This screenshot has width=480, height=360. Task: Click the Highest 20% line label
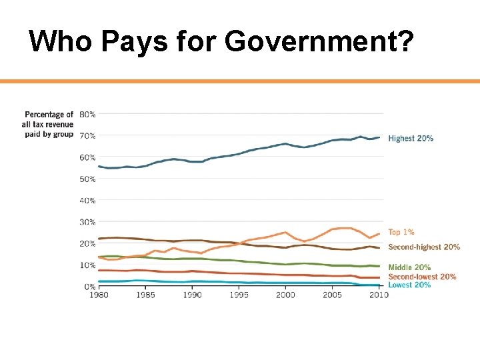[x=411, y=139]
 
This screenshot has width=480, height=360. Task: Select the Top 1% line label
[x=401, y=232]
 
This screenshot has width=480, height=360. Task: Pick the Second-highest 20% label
[x=424, y=247]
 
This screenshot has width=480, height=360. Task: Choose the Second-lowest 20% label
[x=422, y=276]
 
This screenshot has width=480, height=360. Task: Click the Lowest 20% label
[x=409, y=285]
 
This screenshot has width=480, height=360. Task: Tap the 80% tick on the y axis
[x=87, y=114]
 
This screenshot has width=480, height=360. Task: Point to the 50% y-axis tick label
[x=87, y=179]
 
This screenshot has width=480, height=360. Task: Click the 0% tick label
[x=89, y=287]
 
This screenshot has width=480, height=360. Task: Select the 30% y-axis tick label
[x=87, y=222]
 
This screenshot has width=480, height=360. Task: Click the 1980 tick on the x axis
[x=98, y=295]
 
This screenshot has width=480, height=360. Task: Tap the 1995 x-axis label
[x=239, y=295]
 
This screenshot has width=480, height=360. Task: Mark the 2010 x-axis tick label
[x=379, y=295]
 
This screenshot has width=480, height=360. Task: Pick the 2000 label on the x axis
[x=285, y=295]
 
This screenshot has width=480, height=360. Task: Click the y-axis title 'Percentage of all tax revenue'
[x=48, y=124]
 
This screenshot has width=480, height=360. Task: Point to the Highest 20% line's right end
[x=379, y=137]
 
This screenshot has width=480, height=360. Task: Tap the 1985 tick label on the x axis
[x=145, y=295]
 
